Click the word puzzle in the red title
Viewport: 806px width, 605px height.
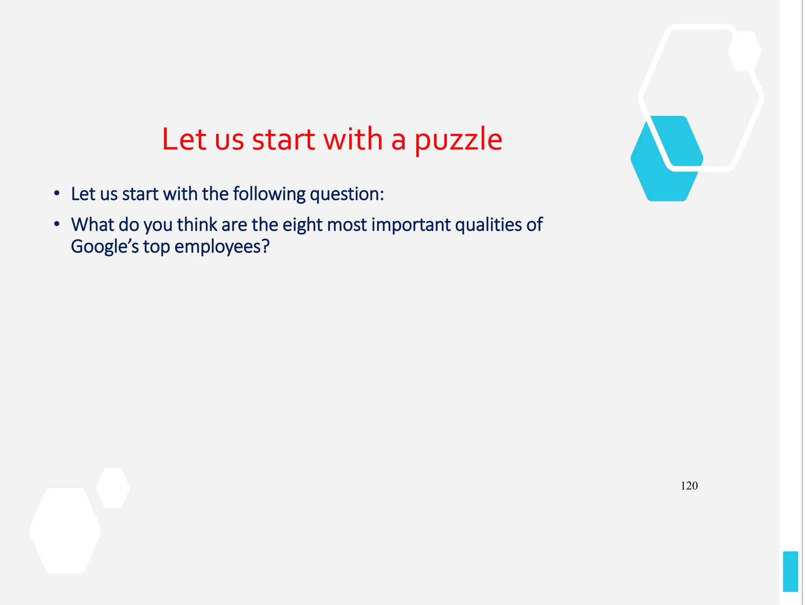pos(458,140)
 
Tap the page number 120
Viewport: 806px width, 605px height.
pos(689,486)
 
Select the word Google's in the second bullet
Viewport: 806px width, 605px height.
pos(105,247)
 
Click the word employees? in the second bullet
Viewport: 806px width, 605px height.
pos(222,247)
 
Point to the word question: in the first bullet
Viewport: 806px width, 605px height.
pos(347,194)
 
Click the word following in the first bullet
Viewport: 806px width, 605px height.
pos(269,194)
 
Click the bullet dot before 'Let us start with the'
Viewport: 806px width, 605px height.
pos(57,194)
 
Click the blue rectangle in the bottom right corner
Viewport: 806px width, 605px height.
pos(790,571)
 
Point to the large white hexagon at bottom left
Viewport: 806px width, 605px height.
pos(65,531)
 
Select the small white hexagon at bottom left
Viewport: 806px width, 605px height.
pos(113,488)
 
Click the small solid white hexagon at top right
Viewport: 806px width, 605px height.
pos(745,51)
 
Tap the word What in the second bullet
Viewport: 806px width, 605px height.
pos(92,225)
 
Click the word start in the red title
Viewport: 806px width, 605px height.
pos(283,139)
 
